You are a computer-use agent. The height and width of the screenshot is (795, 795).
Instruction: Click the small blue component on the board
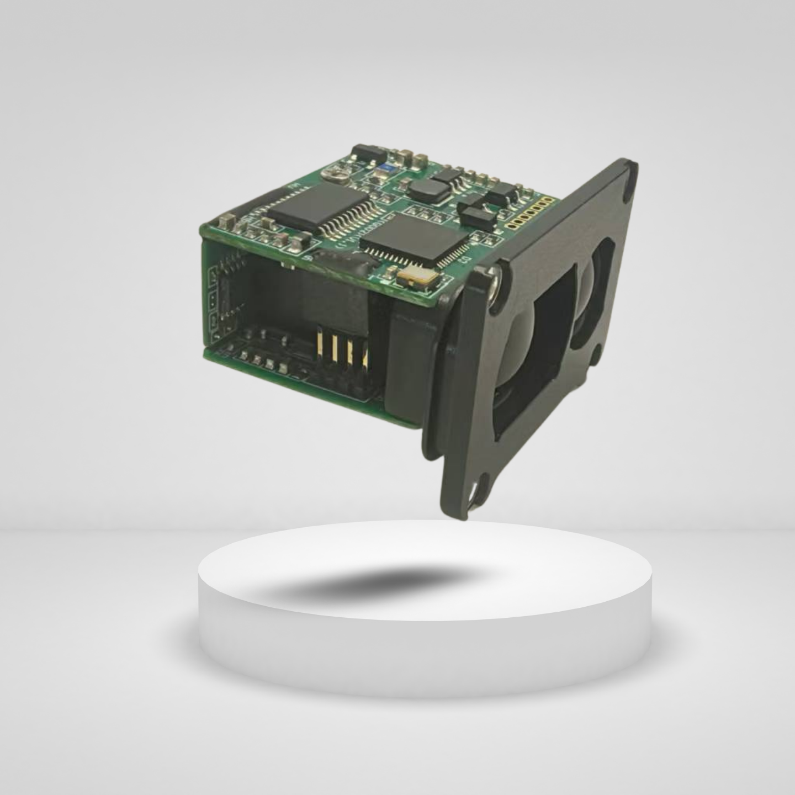[388, 167]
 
